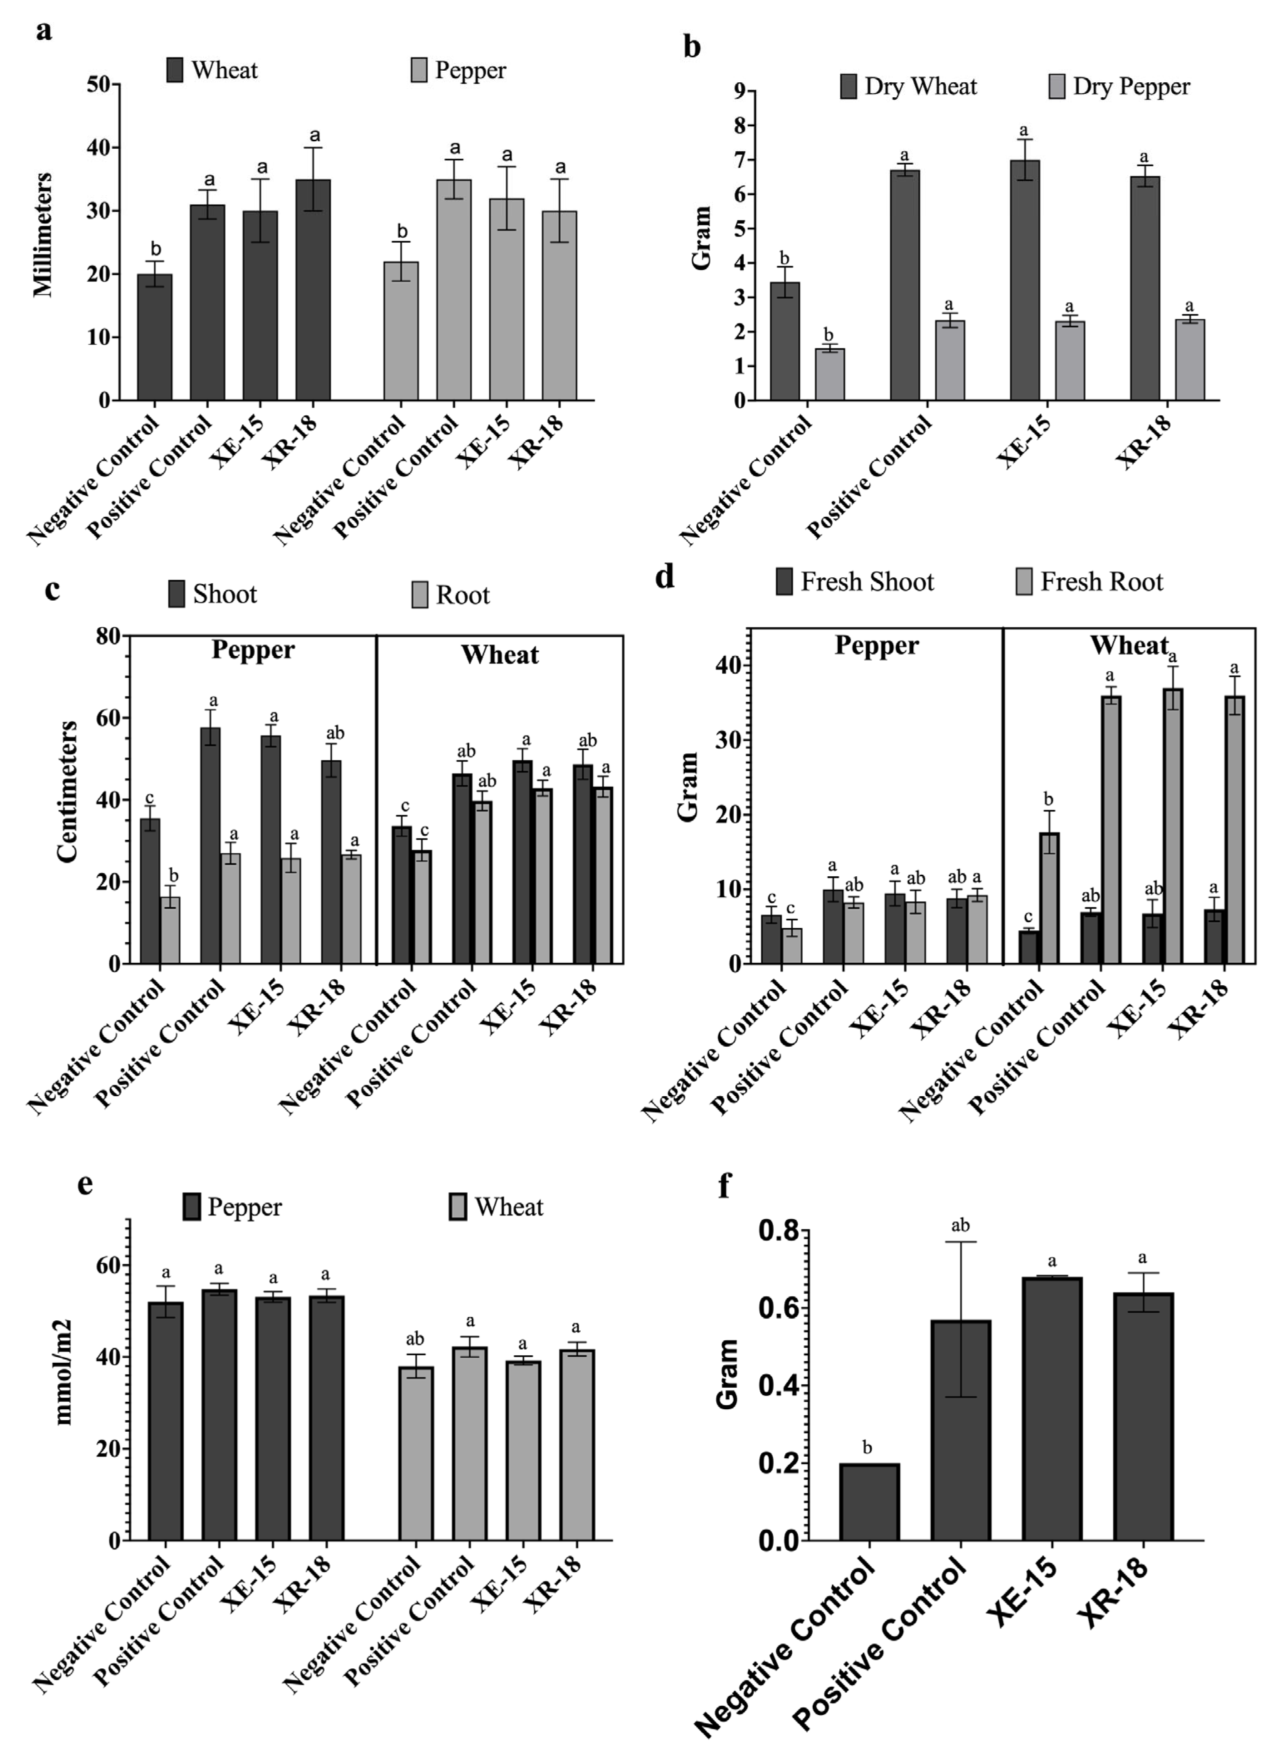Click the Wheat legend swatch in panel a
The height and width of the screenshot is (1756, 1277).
click(x=175, y=70)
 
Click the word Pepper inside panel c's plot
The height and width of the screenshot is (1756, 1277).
click(x=253, y=650)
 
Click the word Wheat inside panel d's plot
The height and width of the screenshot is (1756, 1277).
click(x=1129, y=645)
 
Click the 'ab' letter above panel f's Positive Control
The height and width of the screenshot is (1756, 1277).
click(x=960, y=1225)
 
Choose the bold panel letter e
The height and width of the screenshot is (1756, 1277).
click(x=85, y=1185)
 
